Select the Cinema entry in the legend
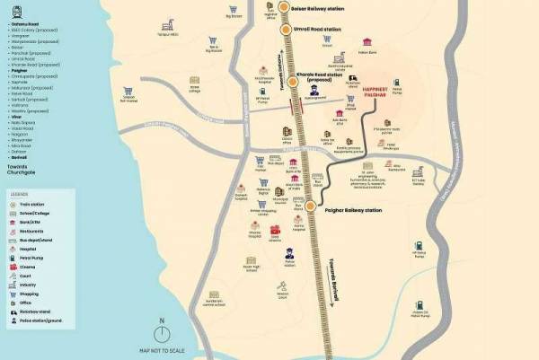point(25,267)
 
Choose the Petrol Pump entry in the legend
point(27,258)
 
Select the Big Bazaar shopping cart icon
point(211,40)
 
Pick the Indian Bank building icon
point(367,42)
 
